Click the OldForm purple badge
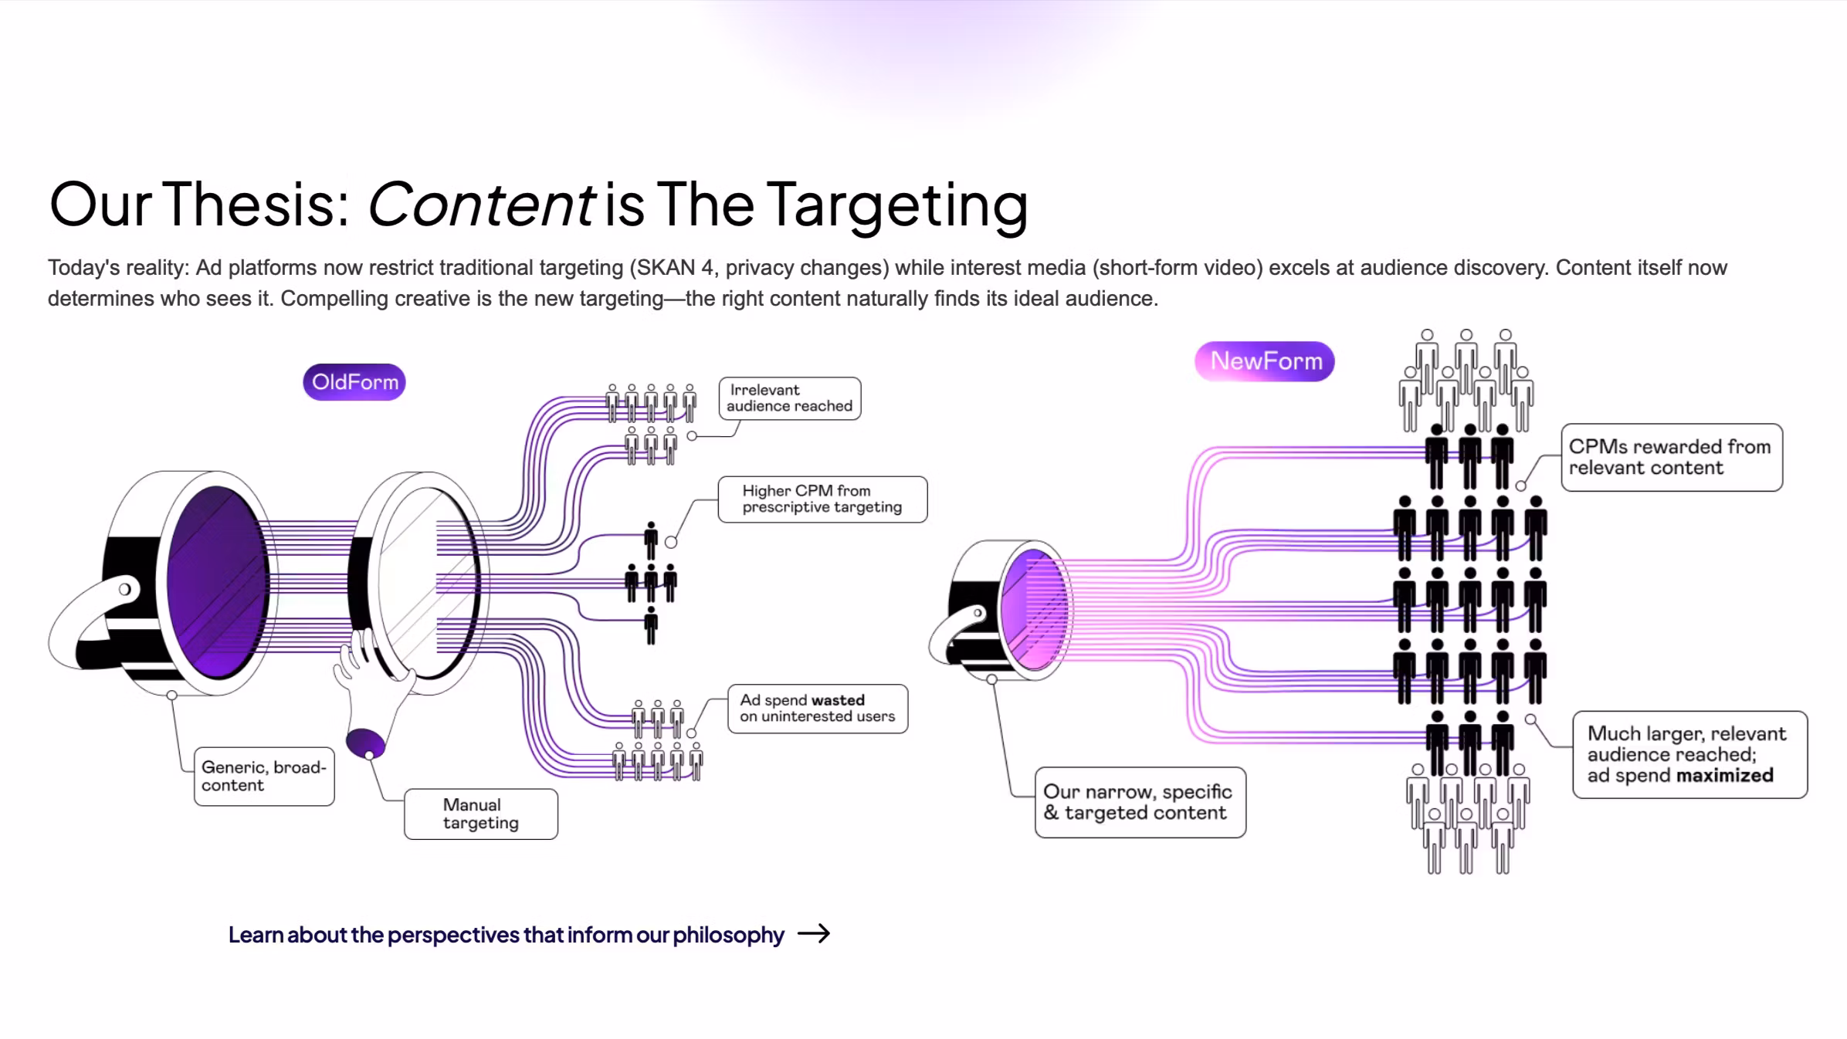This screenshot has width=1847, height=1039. [354, 382]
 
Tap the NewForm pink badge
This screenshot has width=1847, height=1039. [1265, 361]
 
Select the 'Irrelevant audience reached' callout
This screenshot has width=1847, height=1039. [790, 398]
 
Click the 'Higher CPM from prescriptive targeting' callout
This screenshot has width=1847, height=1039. [822, 499]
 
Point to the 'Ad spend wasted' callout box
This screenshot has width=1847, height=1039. [818, 709]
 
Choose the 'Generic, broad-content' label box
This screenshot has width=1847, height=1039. [264, 777]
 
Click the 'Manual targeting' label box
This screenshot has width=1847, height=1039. [480, 814]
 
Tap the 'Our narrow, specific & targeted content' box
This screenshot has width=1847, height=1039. [1140, 802]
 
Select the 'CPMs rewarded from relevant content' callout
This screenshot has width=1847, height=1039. [1671, 457]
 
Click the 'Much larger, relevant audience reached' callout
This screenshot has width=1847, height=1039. [1689, 754]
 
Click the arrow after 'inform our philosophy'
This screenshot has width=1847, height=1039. [814, 934]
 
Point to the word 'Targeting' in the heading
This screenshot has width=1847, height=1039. [896, 205]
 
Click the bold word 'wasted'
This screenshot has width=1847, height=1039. [838, 700]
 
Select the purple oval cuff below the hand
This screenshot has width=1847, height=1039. [365, 743]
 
